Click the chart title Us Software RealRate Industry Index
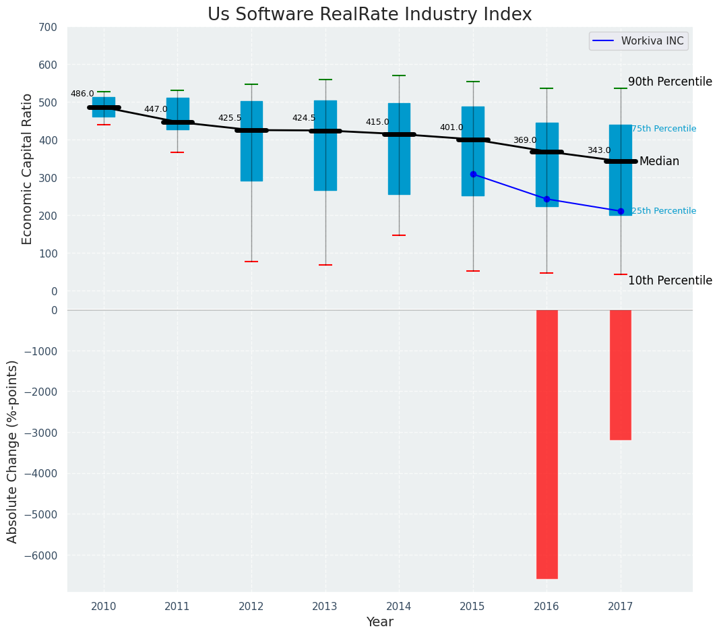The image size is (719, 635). tap(369, 15)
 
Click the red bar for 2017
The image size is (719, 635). tap(621, 375)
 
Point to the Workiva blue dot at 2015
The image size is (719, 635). tap(473, 174)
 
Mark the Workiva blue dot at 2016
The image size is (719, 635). tap(546, 199)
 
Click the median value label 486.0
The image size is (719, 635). tap(82, 94)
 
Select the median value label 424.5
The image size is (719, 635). tap(304, 118)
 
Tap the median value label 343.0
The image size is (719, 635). tap(599, 150)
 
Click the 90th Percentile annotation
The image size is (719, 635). tap(670, 82)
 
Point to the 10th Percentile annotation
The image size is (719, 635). tap(670, 280)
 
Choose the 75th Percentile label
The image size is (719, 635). tap(664, 129)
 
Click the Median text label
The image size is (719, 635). tap(659, 161)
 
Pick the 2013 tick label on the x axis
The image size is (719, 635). tap(325, 606)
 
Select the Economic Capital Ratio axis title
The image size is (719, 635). tap(28, 169)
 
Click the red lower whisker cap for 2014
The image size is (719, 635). tap(399, 235)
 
